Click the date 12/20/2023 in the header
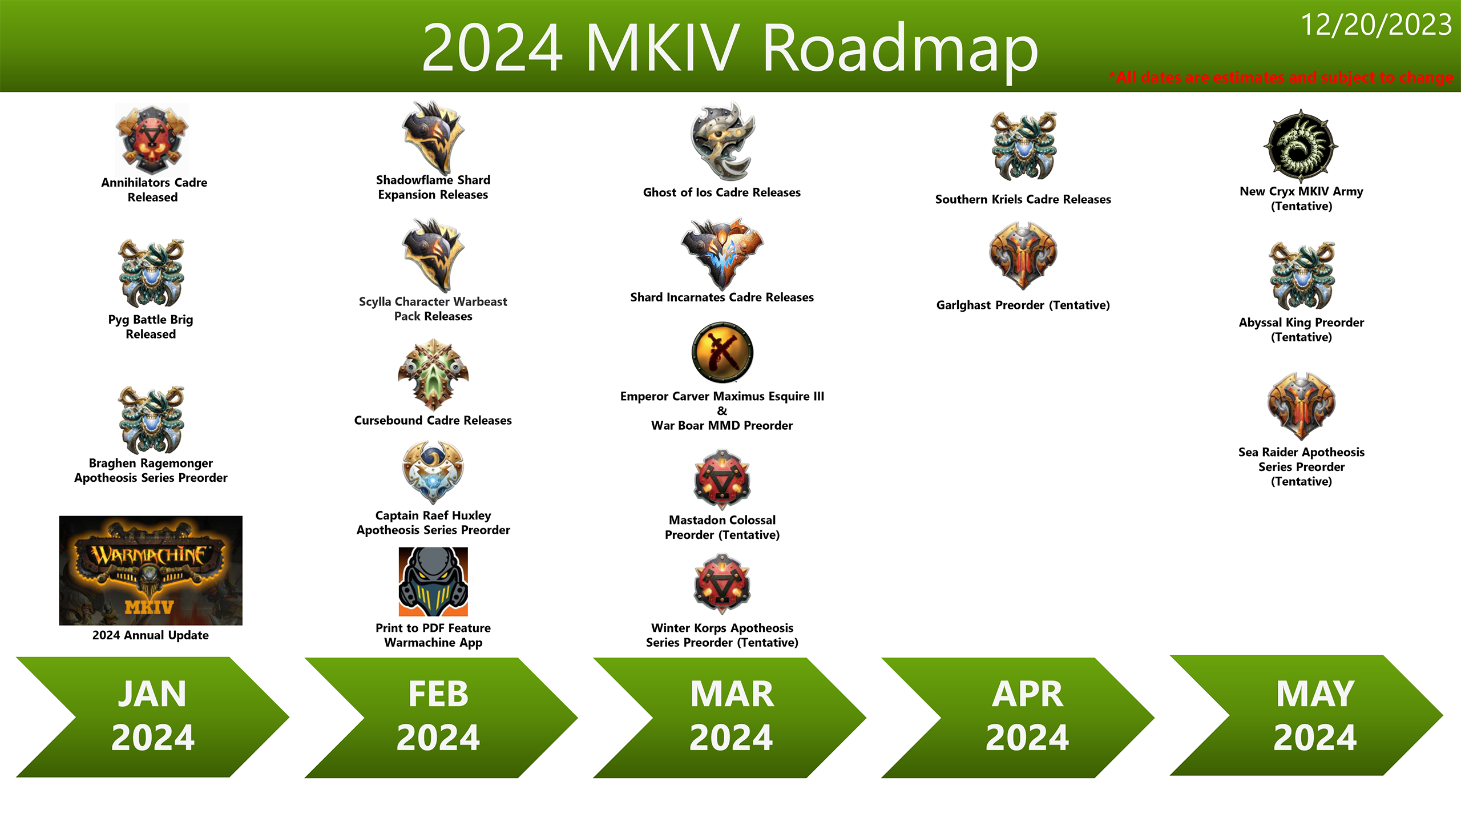pos(1375,25)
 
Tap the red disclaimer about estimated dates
pos(1281,77)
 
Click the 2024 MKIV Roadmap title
pos(729,48)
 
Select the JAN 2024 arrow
pos(152,716)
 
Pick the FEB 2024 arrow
pos(438,717)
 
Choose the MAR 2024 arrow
pos(730,717)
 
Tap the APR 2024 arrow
pos(1026,717)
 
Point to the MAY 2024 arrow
pos(1314,716)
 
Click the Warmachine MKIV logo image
pos(151,570)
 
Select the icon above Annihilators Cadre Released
pos(152,139)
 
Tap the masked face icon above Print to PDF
pos(433,581)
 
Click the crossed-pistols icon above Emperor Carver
pos(722,352)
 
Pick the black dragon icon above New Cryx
pos(1301,146)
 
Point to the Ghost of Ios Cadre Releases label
pos(721,192)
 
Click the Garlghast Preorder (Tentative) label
pos(1023,305)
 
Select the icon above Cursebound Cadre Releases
pos(433,374)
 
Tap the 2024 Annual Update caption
pos(151,635)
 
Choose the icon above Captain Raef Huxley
pos(433,472)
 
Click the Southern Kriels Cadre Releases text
pos(1023,199)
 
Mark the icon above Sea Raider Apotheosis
pos(1301,405)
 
